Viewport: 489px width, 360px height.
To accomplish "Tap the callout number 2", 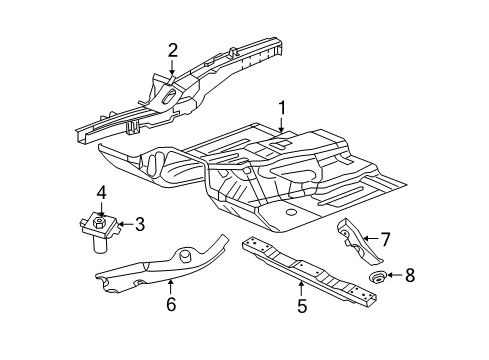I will click(x=172, y=50).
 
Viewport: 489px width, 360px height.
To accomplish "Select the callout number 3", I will click(x=139, y=223).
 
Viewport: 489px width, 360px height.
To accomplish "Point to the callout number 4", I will click(x=101, y=191).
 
